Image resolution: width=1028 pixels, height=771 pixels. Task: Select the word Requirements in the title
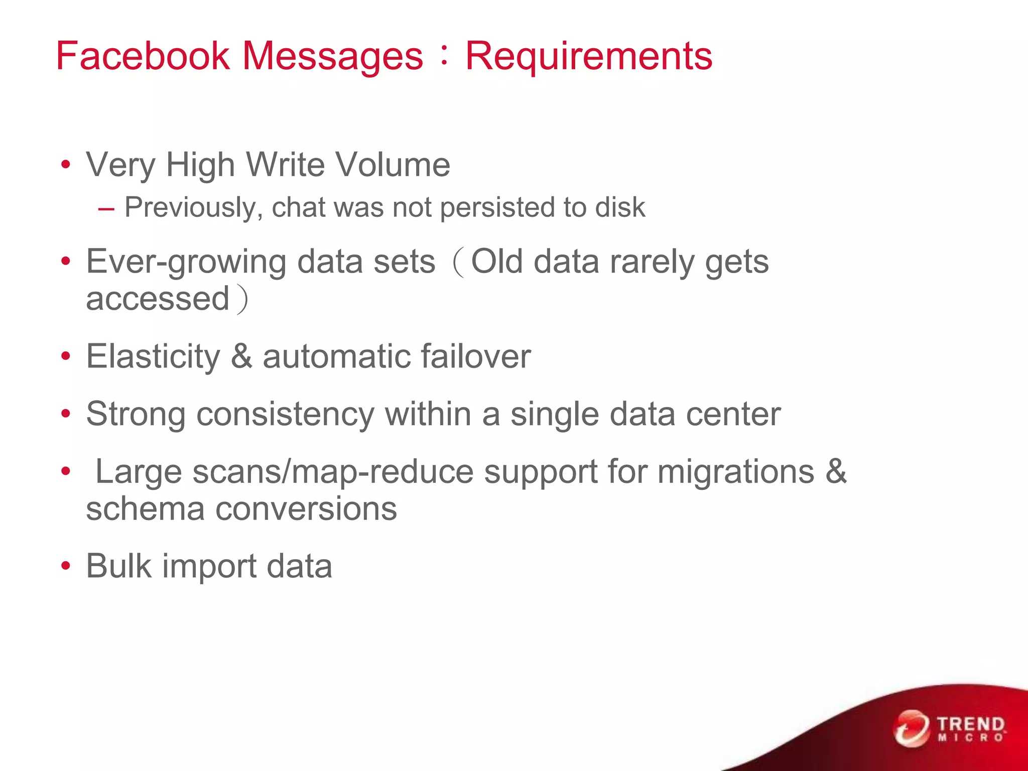(x=588, y=56)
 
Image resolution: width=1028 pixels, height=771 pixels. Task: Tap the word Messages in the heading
(x=333, y=57)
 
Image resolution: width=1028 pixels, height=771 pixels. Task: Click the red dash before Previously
(x=106, y=209)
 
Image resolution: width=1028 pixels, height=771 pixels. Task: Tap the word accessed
(x=158, y=299)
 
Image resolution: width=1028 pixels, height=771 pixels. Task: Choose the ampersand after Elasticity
(x=241, y=356)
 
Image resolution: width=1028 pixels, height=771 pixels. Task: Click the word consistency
(x=285, y=415)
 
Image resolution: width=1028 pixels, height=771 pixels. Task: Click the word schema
(x=145, y=509)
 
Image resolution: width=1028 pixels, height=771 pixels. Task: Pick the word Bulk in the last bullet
(x=118, y=566)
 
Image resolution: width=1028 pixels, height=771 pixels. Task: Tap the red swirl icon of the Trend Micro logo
(x=911, y=728)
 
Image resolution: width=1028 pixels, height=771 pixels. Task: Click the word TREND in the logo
(x=971, y=724)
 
